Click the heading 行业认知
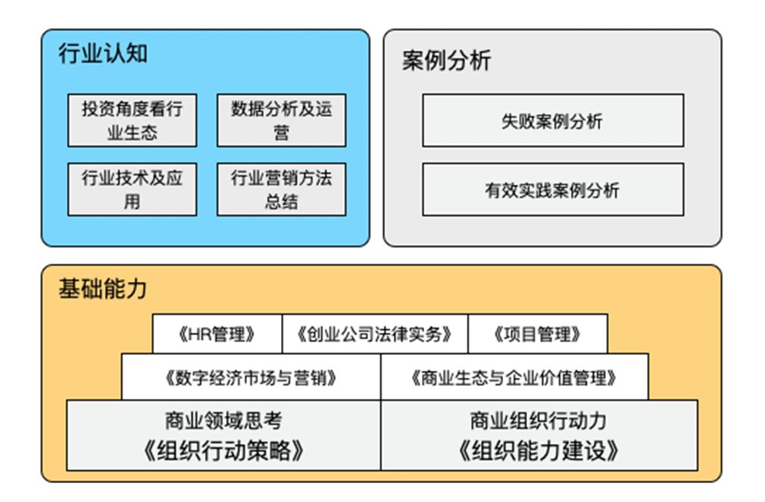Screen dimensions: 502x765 (x=103, y=54)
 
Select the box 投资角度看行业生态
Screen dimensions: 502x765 (x=132, y=121)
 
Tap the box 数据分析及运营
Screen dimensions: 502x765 (x=281, y=121)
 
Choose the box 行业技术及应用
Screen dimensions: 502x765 (x=132, y=190)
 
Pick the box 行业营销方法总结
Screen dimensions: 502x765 (x=281, y=190)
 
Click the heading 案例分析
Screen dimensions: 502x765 (x=446, y=61)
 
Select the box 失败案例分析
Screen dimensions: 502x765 (x=552, y=121)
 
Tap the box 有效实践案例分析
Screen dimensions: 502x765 (x=552, y=190)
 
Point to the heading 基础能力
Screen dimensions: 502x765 (x=103, y=289)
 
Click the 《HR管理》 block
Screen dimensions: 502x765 (x=217, y=334)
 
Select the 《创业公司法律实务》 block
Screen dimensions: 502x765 (x=375, y=334)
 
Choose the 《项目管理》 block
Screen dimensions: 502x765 (x=537, y=334)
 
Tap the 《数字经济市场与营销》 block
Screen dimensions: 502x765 (x=251, y=377)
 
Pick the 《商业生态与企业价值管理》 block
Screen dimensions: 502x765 (x=514, y=377)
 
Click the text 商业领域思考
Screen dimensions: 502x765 (x=223, y=420)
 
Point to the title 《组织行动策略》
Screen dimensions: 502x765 (x=223, y=451)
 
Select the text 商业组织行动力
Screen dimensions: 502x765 (x=539, y=420)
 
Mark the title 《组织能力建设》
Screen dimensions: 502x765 (x=539, y=451)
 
